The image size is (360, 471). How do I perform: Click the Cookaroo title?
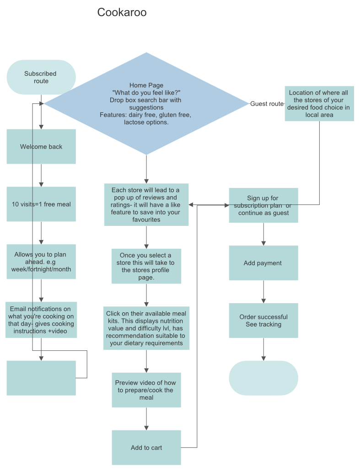pos(122,12)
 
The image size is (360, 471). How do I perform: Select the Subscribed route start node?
pos(41,77)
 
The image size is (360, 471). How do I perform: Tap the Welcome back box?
pos(41,147)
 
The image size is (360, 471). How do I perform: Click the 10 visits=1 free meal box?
pos(41,204)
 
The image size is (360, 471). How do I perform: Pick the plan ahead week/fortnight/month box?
pos(41,262)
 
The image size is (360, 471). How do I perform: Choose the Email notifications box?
pos(41,320)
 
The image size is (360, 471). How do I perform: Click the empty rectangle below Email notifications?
pos(41,378)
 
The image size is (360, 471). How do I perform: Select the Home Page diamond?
pos(146,104)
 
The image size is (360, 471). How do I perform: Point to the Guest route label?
pos(267,104)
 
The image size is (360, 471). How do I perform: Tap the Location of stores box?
pos(319,104)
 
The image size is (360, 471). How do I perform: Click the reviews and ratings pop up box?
pos(146,204)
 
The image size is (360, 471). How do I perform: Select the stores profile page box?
pos(146,266)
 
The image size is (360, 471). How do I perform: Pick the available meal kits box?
pos(146,328)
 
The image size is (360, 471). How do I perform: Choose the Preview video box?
pos(146,390)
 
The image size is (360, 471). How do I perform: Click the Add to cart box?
pos(146,448)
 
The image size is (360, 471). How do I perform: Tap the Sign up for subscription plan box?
pos(263,205)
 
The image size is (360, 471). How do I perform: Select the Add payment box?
pos(263,263)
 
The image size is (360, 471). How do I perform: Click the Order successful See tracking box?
pos(263,321)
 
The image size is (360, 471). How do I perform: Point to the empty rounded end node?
pos(263,378)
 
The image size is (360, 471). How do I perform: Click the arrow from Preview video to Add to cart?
pos(146,419)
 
